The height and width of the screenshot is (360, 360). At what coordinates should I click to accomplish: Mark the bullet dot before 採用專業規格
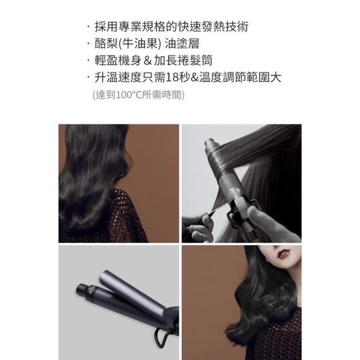click(x=88, y=27)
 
